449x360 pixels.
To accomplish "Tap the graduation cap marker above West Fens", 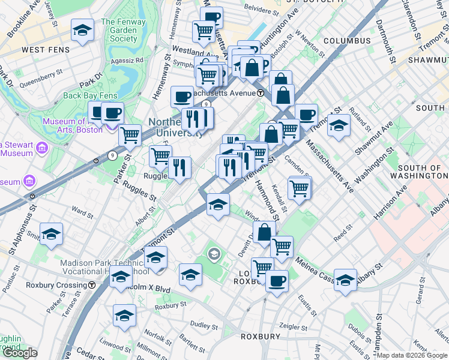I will pos(82,30).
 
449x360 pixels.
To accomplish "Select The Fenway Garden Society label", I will pos(119,30).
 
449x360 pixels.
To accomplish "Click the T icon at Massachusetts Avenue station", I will pos(261,93).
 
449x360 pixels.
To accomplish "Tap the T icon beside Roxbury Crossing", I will pos(91,286).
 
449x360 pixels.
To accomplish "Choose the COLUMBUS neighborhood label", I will pos(347,41).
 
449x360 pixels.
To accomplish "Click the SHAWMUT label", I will pos(427,61).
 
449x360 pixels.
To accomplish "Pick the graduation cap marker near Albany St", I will pos(345,280).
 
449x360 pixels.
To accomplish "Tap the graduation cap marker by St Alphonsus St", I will pos(52,234).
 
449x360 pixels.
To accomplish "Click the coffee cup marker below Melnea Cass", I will pos(276,281).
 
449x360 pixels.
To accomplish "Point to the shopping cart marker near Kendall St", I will pos(299,188).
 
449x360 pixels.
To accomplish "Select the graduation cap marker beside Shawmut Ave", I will pos(339,125).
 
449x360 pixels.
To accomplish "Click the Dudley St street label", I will pos(205,327).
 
